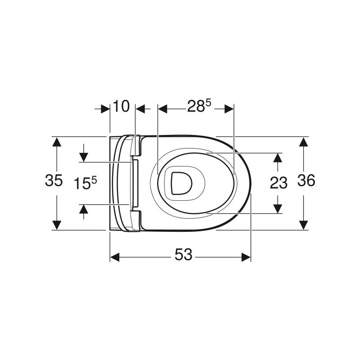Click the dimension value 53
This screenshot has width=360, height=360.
(183, 254)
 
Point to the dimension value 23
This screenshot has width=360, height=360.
(279, 183)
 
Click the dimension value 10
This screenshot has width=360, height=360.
(121, 106)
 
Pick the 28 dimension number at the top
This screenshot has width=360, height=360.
(196, 107)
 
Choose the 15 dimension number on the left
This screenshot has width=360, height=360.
(82, 184)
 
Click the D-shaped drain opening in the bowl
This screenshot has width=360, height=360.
(182, 184)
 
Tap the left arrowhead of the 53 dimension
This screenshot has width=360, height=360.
(115, 257)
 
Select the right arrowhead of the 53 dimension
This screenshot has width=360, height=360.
(246, 257)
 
